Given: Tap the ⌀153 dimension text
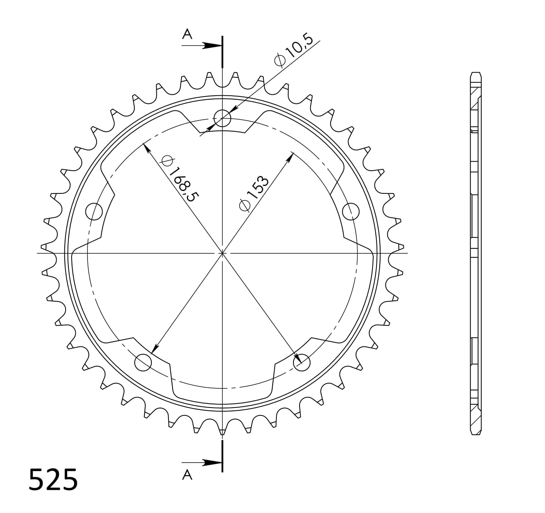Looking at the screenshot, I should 254,193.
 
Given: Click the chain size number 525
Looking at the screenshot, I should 53,480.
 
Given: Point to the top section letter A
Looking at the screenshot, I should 187,34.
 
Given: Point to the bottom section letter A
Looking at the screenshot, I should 187,474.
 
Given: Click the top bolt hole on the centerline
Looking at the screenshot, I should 222,118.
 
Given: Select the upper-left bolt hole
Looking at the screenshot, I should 94,211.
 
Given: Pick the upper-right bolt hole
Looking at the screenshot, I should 351,211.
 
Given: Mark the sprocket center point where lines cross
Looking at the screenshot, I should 222,253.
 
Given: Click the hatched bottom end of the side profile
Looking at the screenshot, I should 475,415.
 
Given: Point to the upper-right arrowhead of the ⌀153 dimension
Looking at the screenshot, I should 291,156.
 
